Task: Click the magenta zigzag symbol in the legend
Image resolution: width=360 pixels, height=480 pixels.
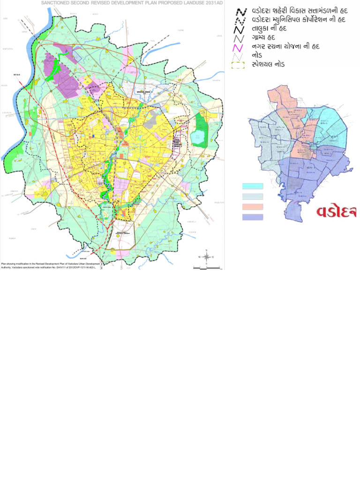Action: [239, 48]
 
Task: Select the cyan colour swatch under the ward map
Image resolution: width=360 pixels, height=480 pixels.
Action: [253, 187]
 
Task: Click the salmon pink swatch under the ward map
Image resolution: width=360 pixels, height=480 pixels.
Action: [253, 207]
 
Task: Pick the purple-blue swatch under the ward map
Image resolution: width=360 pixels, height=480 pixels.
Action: [253, 217]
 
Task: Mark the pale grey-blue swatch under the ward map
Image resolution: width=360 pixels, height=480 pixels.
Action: [253, 197]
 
